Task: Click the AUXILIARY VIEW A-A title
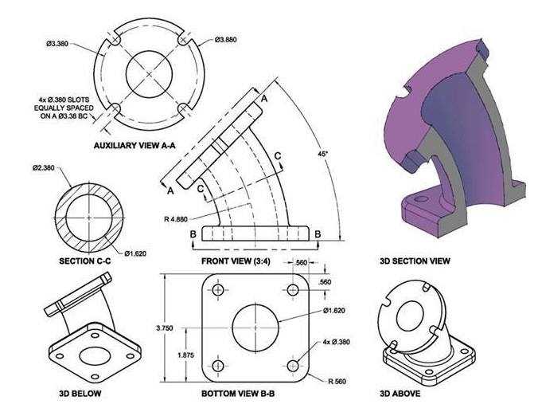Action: pos(134,145)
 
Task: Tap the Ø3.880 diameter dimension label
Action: pos(226,40)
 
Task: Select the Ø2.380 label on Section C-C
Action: pos(44,168)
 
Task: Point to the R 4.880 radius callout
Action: pos(176,219)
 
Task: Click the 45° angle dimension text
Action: pos(323,154)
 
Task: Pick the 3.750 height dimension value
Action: pos(165,328)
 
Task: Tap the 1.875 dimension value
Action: pos(185,355)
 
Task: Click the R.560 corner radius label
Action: pos(337,381)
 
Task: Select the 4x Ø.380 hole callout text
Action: pos(336,342)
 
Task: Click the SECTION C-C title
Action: pos(85,261)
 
